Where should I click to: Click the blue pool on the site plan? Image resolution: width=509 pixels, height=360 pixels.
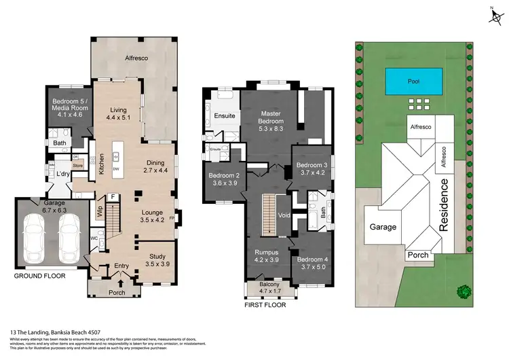(x=413, y=82)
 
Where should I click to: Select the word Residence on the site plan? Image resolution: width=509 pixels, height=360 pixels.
(x=445, y=204)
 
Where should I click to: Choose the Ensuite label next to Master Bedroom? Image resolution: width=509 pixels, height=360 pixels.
(x=225, y=116)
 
